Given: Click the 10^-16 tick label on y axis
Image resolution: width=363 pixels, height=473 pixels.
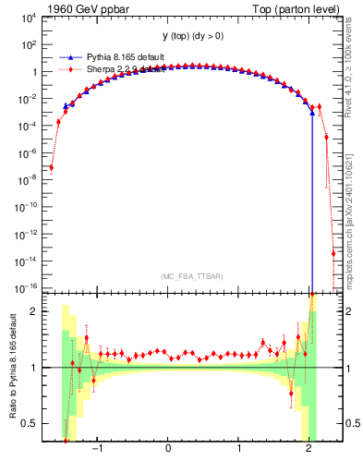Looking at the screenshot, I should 28,288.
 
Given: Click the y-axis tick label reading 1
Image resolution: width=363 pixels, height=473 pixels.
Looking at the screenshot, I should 34,72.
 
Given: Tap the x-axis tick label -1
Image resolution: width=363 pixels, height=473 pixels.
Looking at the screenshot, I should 97,448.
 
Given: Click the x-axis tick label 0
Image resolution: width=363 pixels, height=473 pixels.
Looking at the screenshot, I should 168,448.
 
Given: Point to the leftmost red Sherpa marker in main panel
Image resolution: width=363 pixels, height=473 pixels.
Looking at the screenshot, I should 51,167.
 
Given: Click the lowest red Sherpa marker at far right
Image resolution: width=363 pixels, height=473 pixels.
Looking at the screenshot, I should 333,253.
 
